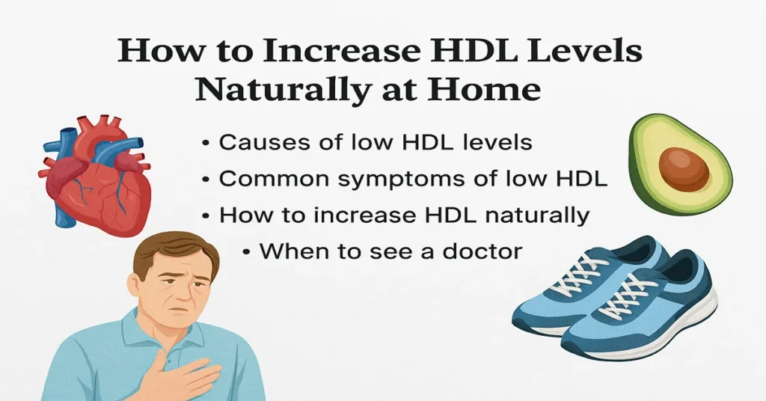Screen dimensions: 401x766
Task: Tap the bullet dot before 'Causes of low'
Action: (x=206, y=143)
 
